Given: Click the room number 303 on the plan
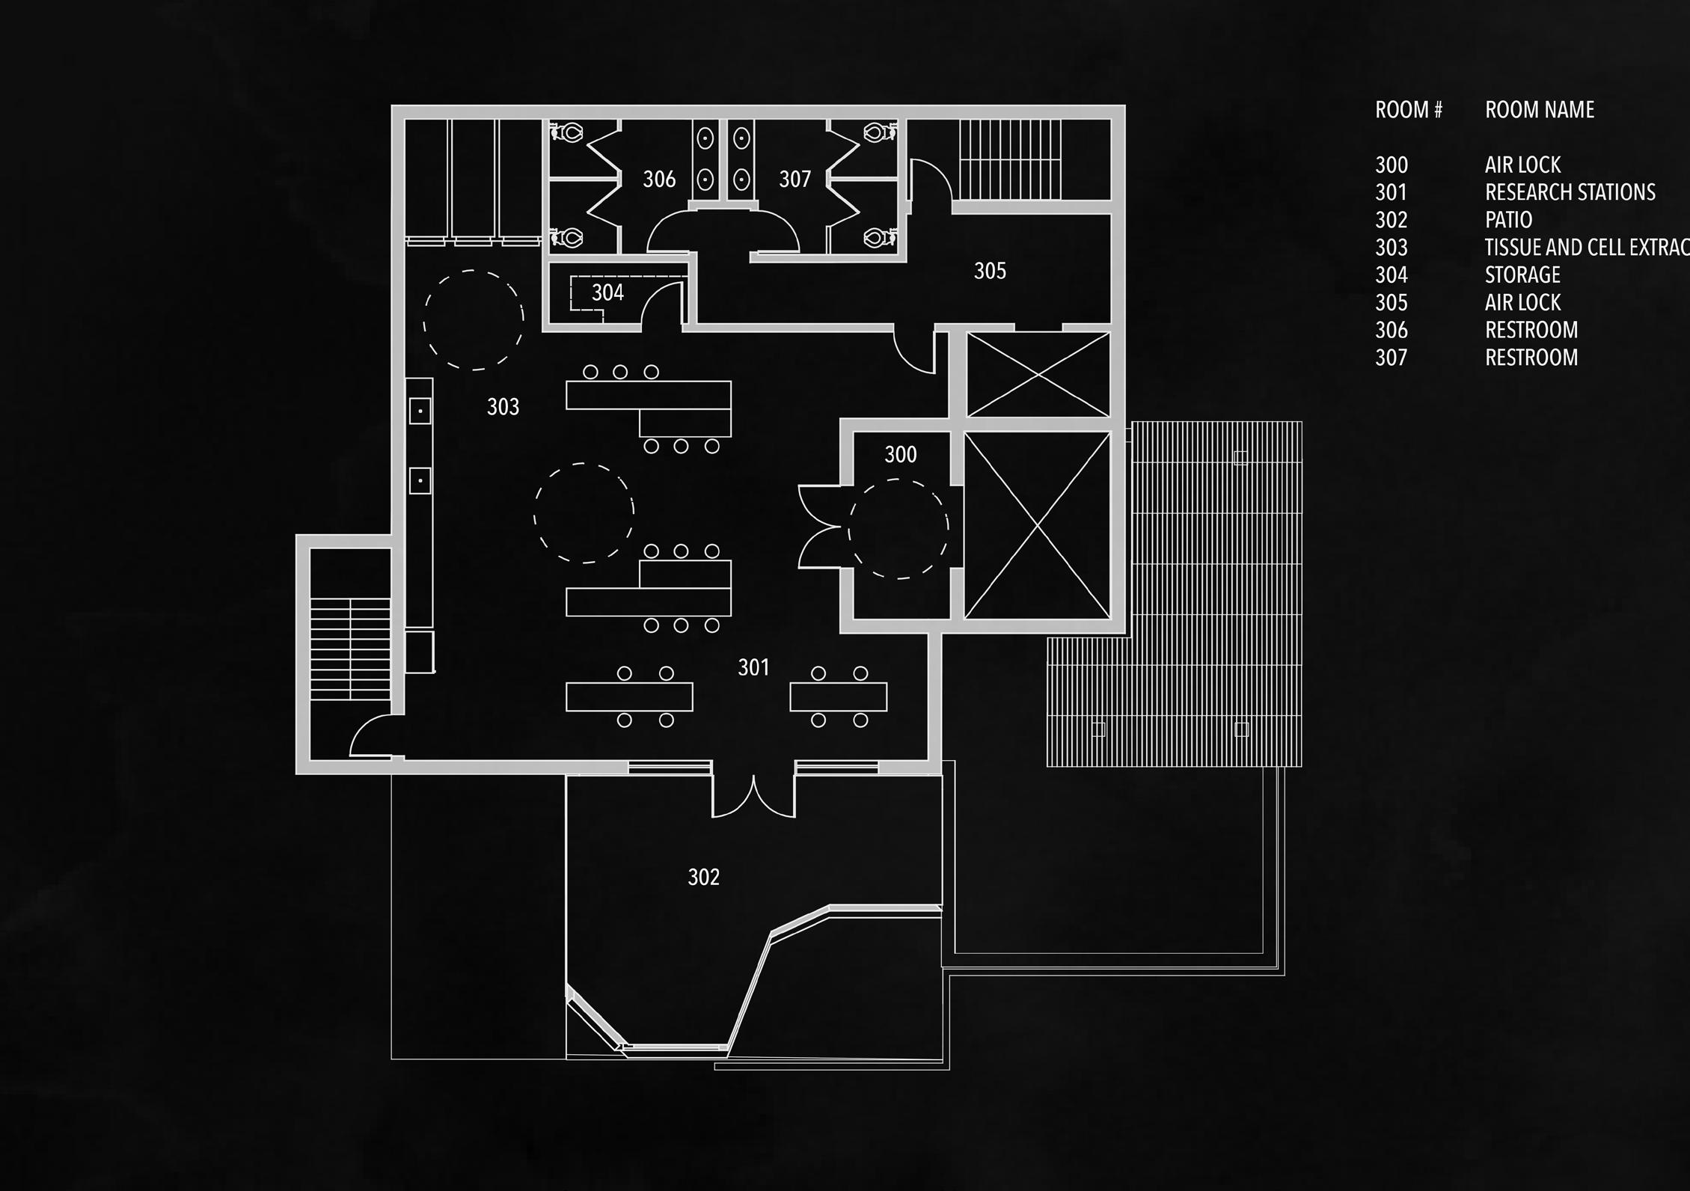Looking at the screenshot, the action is click(503, 407).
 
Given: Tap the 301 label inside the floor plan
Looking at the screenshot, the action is click(753, 667).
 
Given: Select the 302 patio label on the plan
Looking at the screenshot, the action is click(703, 877).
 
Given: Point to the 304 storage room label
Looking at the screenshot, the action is click(607, 293).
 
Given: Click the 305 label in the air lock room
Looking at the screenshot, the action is click(990, 271).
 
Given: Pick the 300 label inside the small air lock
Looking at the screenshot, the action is click(900, 455).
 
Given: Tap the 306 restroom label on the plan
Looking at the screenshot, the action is click(659, 180).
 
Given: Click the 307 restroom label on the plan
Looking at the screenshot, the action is click(795, 180).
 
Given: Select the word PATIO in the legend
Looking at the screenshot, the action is click(1508, 220).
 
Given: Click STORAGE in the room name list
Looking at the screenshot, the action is click(1522, 275).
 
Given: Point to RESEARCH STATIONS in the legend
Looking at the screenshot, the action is click(1570, 192).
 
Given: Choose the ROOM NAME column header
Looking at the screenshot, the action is click(1539, 110).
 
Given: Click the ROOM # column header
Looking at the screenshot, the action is click(1408, 110).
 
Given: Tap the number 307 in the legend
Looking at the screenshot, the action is click(1391, 358).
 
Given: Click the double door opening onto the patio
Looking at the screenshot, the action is click(753, 794).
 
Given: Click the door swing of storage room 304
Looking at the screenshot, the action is click(662, 307).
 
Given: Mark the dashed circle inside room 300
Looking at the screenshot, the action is click(898, 529).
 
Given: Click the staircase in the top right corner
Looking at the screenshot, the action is click(1010, 159).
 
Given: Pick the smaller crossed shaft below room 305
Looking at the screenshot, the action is click(1038, 375).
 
